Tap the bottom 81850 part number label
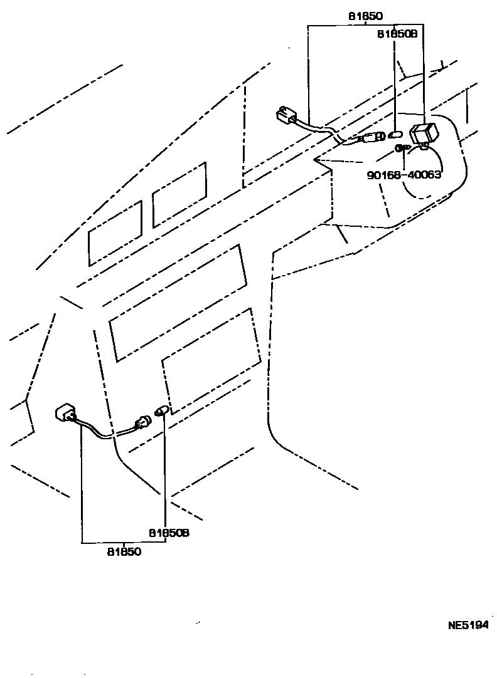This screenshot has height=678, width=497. point(124,552)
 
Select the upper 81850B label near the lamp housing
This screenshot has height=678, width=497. point(397,35)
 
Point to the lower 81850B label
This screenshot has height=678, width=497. point(169,533)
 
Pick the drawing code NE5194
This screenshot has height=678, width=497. point(468,625)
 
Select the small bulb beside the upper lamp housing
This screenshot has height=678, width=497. point(395,134)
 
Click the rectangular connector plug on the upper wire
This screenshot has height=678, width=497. point(286,116)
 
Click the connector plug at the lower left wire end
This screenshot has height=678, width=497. point(65,414)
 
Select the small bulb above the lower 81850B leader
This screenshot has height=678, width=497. point(161,412)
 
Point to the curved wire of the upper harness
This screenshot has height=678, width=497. point(323,132)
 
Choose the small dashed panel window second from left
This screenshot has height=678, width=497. point(179,194)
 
